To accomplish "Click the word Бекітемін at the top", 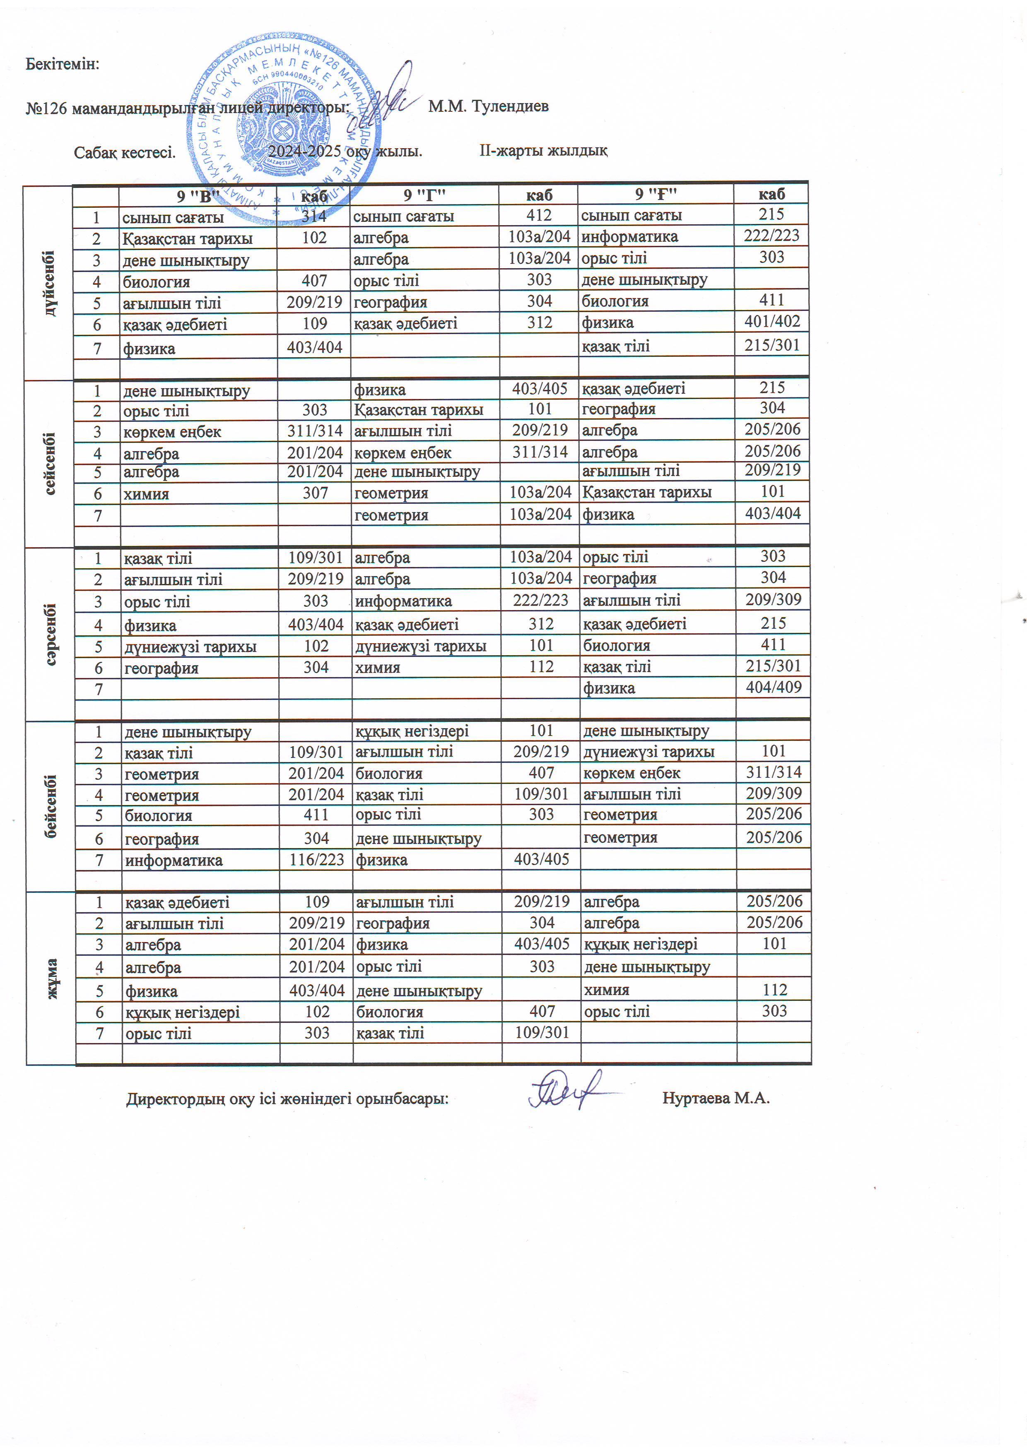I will coord(62,64).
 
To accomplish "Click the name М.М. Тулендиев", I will coord(488,106).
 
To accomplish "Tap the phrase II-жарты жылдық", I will coord(543,151).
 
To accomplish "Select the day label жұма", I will coord(51,979).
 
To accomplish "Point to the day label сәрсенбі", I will coord(51,634).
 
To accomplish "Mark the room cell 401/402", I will coord(772,321).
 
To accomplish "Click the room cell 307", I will coord(315,493).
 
